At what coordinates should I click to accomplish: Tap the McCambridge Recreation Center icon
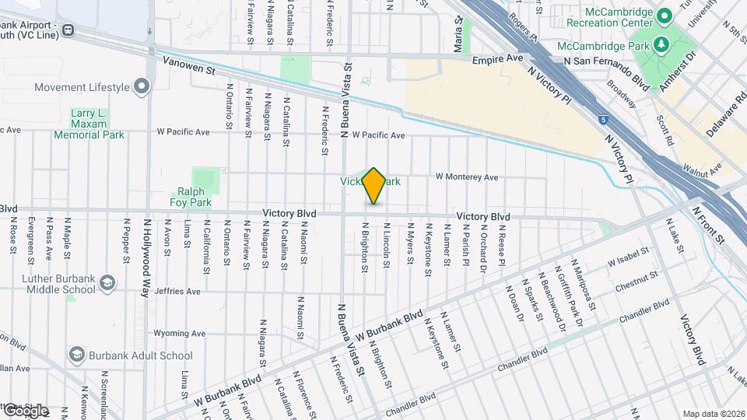pyautogui.click(x=665, y=15)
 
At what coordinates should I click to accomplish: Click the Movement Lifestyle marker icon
pyautogui.click(x=142, y=86)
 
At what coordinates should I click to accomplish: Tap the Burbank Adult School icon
pyautogui.click(x=77, y=355)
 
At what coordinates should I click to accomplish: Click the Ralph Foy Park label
pyautogui.click(x=191, y=196)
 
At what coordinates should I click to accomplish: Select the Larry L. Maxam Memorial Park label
pyautogui.click(x=89, y=124)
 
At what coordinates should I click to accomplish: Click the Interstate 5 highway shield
pyautogui.click(x=604, y=119)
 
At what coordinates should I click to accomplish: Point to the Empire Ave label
pyautogui.click(x=503, y=58)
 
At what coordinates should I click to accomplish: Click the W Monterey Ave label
pyautogui.click(x=466, y=177)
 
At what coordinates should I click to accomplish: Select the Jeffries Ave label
pyautogui.click(x=177, y=292)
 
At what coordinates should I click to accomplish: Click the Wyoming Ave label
pyautogui.click(x=179, y=333)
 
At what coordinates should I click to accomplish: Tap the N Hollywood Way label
pyautogui.click(x=146, y=257)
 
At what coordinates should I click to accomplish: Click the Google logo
pyautogui.click(x=26, y=410)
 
